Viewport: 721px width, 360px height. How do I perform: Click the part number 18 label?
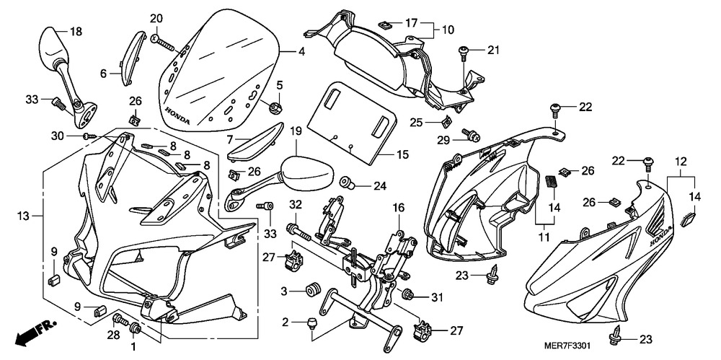click(76, 32)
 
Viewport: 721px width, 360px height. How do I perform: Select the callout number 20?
click(156, 19)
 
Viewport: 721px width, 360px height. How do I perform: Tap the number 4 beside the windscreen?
click(301, 52)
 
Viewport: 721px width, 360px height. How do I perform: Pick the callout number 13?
click(24, 215)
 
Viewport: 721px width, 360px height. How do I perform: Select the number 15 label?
click(401, 154)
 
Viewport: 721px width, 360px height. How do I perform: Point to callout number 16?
click(397, 208)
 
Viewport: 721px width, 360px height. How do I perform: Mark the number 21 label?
click(492, 50)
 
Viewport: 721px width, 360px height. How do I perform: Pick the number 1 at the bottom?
click(132, 346)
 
